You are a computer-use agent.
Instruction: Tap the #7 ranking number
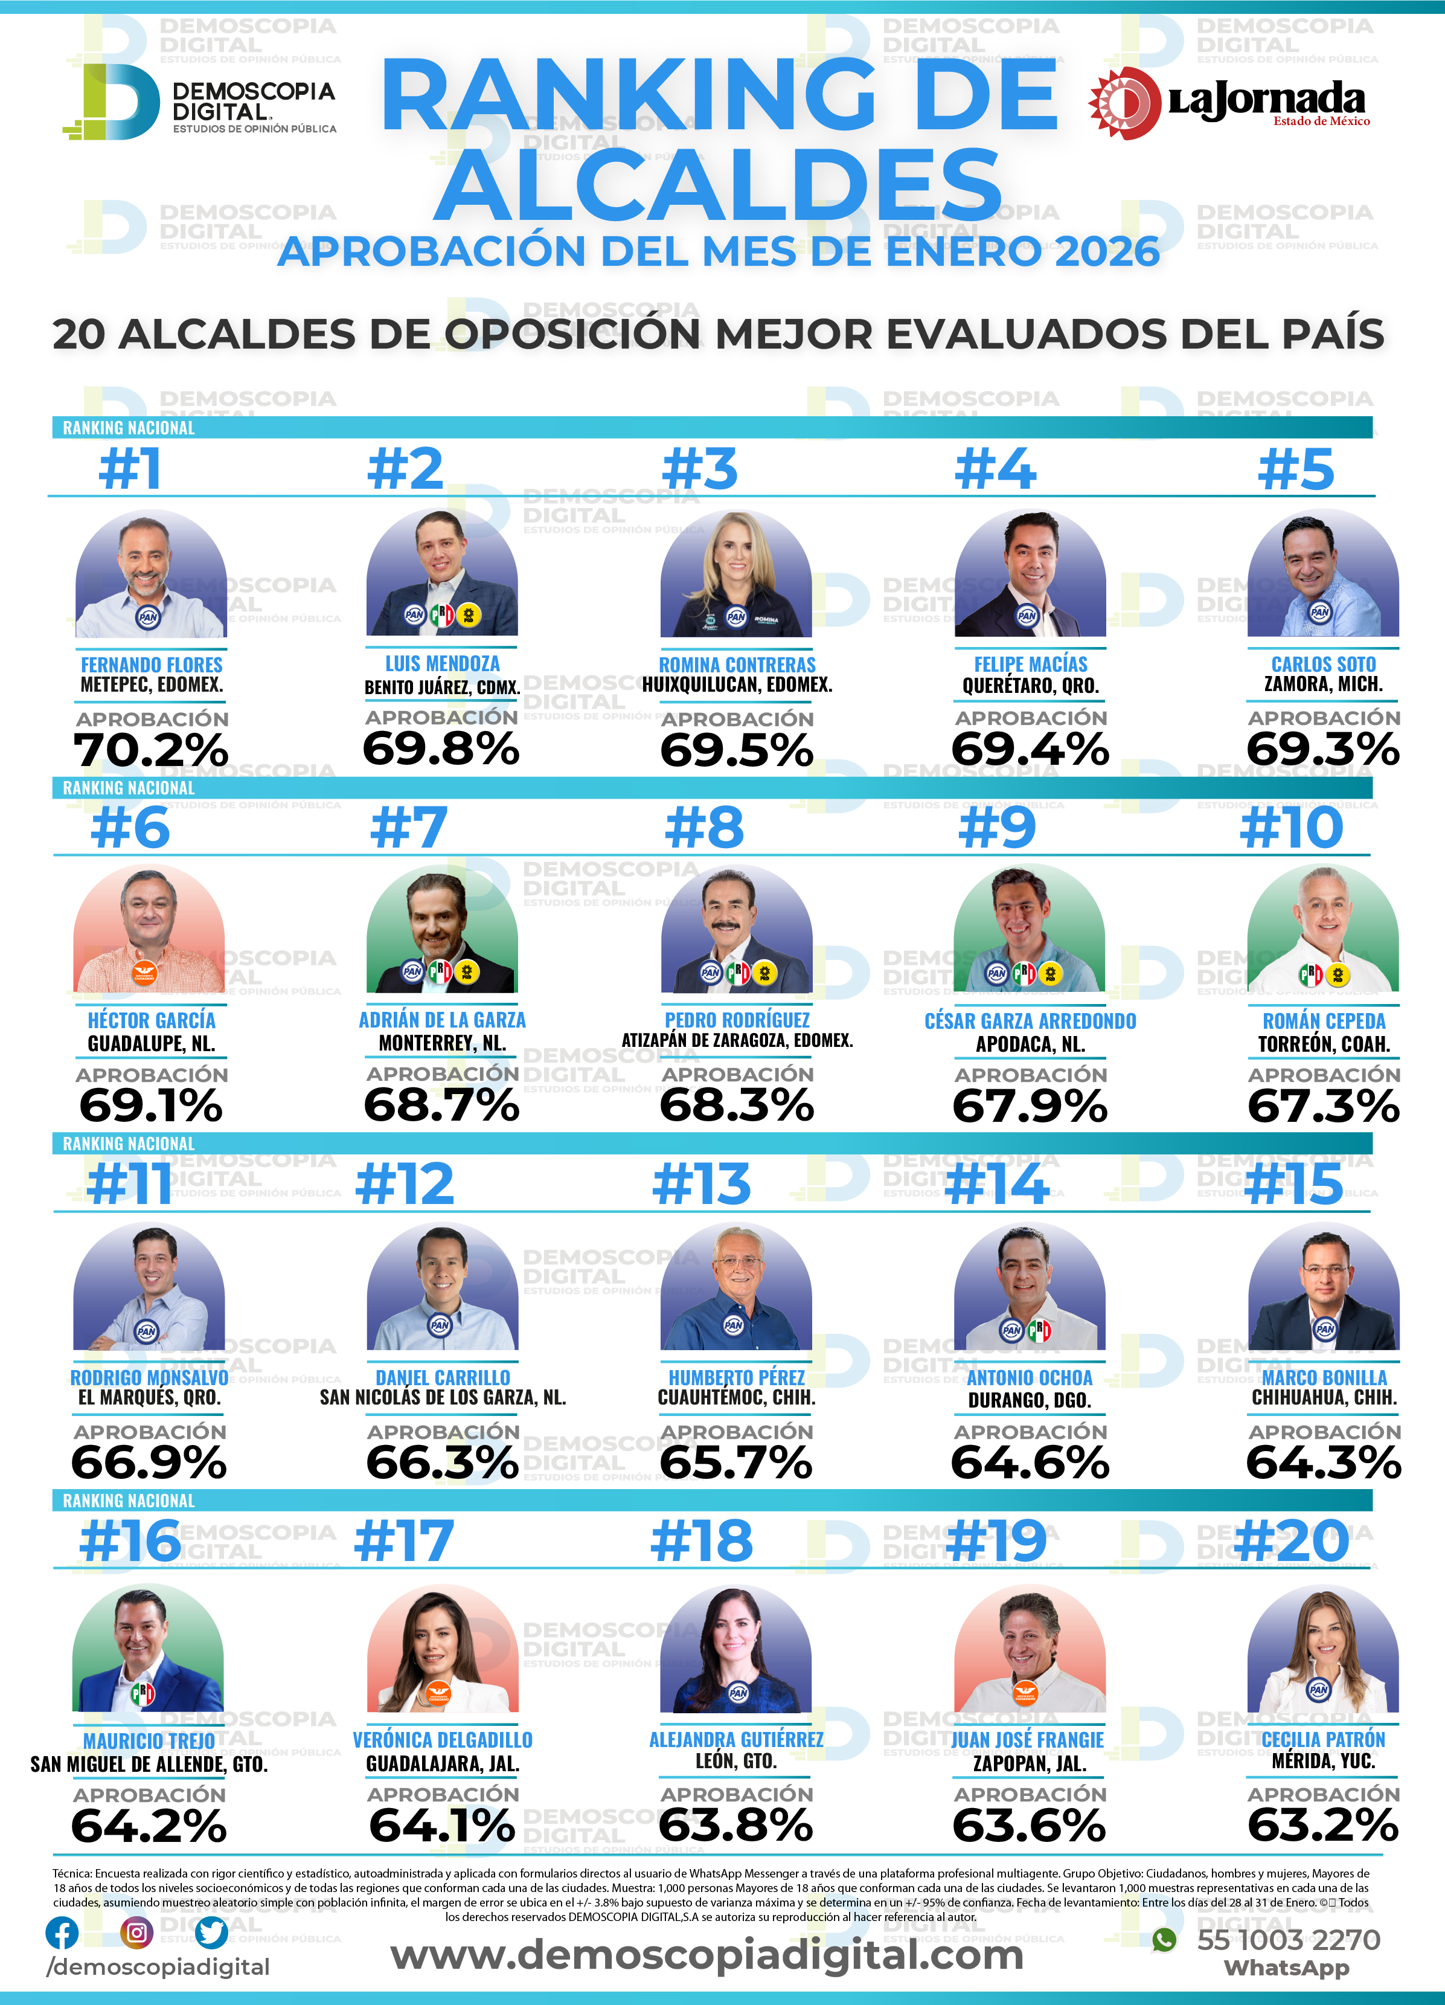pos(408,828)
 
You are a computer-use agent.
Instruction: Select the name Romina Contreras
pos(737,665)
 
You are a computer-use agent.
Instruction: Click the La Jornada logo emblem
pos(1124,103)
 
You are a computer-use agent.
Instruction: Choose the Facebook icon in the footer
pos(62,1933)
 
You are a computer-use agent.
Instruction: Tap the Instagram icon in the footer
pos(136,1933)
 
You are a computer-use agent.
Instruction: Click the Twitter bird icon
pos(211,1933)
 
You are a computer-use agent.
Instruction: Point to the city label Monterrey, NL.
pos(442,1043)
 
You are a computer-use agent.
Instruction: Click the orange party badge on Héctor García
pos(143,973)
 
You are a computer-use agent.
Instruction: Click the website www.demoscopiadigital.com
pos(707,1954)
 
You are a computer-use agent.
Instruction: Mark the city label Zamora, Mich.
pos(1323,684)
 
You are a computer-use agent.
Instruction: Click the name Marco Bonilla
pos(1324,1377)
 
